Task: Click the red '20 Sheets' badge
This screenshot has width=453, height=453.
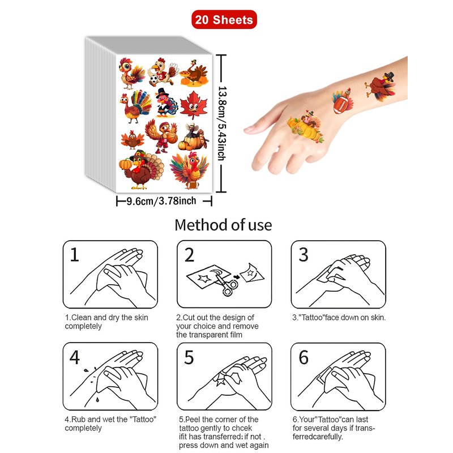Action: click(x=224, y=20)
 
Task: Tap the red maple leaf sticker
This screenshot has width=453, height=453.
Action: click(x=194, y=105)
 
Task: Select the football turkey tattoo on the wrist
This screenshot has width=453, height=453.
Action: click(x=343, y=102)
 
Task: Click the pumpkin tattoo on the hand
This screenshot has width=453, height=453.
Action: click(x=306, y=127)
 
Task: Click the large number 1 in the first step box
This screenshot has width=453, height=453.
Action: click(x=75, y=254)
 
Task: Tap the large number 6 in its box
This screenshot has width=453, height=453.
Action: click(x=304, y=357)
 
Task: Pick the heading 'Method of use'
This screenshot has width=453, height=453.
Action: click(x=223, y=225)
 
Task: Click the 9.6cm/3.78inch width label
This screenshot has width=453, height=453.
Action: click(x=161, y=201)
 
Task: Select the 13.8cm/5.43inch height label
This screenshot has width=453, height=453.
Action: click(x=222, y=123)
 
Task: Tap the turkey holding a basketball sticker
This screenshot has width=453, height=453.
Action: click(x=161, y=136)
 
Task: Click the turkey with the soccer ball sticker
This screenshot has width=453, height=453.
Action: click(x=163, y=72)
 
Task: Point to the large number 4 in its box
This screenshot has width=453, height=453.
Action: click(x=75, y=357)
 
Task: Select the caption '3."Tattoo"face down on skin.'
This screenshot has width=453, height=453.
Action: click(x=339, y=318)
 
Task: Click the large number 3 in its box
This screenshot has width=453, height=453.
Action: click(x=304, y=254)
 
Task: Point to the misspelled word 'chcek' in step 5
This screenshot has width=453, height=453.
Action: click(x=242, y=428)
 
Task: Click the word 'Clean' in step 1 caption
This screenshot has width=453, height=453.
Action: click(x=82, y=318)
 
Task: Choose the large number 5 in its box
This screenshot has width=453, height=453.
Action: click(x=189, y=357)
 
